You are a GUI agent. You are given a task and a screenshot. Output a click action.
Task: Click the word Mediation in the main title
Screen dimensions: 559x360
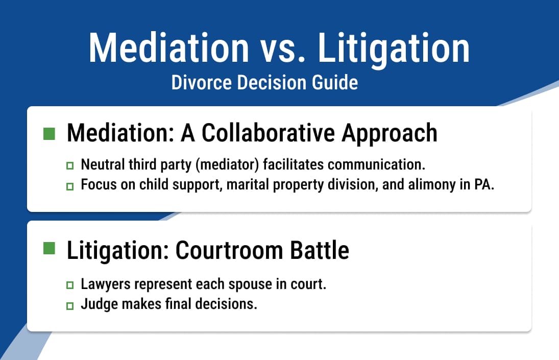[168, 48]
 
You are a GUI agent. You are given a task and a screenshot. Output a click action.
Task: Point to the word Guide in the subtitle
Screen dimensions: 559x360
[335, 83]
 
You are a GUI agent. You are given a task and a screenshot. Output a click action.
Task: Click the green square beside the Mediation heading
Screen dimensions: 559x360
[49, 134]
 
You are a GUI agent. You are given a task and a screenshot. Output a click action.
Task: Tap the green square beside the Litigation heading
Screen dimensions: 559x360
[49, 248]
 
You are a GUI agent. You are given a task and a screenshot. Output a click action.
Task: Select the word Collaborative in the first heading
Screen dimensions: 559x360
[268, 133]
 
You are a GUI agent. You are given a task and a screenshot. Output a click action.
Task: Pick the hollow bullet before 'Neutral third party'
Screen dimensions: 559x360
[70, 166]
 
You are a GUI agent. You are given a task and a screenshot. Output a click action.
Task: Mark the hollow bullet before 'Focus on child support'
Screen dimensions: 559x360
[70, 186]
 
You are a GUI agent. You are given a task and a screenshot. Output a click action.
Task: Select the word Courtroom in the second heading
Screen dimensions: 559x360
[229, 250]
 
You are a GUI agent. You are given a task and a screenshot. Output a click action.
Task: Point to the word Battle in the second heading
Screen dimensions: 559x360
[320, 250]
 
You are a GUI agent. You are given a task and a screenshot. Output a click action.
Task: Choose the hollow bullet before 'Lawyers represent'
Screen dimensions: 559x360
[70, 285]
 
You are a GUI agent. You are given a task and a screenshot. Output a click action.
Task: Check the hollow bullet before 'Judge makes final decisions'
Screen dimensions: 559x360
[70, 306]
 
